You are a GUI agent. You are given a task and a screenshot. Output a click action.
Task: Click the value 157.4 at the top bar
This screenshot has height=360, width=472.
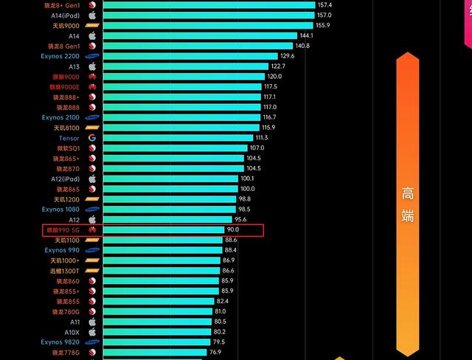(325, 5)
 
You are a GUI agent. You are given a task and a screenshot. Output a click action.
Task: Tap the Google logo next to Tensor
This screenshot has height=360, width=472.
(92, 138)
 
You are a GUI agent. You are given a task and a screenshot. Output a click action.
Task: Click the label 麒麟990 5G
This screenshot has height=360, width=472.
(63, 230)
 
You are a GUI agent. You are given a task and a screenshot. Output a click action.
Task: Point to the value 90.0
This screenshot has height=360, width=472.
(233, 230)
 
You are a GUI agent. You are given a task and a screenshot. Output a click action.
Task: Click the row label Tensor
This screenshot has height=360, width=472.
(69, 138)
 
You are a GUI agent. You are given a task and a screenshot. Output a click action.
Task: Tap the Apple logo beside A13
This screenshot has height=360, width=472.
(92, 66)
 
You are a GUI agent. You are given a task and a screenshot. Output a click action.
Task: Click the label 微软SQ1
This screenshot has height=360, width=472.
(67, 148)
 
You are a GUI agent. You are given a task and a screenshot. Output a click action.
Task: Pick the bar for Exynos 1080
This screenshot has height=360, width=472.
(169, 210)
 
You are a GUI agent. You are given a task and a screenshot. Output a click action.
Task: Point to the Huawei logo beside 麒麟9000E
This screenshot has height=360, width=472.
(92, 87)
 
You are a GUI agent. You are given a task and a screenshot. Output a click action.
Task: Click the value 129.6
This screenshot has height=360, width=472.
(288, 56)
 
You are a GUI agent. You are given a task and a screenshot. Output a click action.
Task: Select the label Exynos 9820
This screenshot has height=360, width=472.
(60, 342)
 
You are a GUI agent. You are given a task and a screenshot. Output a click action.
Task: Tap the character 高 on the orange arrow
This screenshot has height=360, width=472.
(408, 195)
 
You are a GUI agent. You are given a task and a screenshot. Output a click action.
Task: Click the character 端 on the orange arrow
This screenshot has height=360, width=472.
(408, 215)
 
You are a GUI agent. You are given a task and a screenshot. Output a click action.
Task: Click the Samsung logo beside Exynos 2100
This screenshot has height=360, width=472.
(92, 117)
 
